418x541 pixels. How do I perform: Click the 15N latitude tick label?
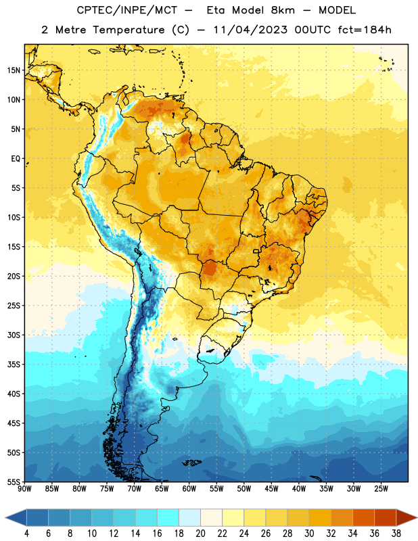click(14, 70)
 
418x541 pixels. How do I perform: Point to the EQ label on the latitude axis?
click(16, 159)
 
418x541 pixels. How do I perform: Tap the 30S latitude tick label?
click(14, 335)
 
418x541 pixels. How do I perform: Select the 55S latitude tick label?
click(14, 482)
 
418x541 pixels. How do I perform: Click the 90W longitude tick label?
click(24, 488)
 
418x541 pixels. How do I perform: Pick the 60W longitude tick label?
click(189, 488)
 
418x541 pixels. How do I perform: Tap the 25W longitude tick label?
click(381, 488)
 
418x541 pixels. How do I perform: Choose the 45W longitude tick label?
click(271, 488)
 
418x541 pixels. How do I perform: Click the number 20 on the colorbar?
click(200, 534)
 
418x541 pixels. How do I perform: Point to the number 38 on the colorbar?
click(396, 534)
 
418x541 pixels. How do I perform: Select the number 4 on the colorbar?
click(26, 534)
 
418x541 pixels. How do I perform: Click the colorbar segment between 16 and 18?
click(168, 517)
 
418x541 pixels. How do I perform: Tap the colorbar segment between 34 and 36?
click(363, 517)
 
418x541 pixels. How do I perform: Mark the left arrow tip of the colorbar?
click(5, 517)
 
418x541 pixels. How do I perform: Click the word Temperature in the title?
click(129, 30)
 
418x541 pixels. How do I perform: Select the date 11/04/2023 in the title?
click(250, 30)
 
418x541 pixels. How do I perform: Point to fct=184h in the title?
click(365, 30)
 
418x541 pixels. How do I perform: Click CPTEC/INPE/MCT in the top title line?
click(126, 10)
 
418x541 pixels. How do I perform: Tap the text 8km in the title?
click(283, 10)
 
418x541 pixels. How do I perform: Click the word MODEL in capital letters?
click(337, 10)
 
